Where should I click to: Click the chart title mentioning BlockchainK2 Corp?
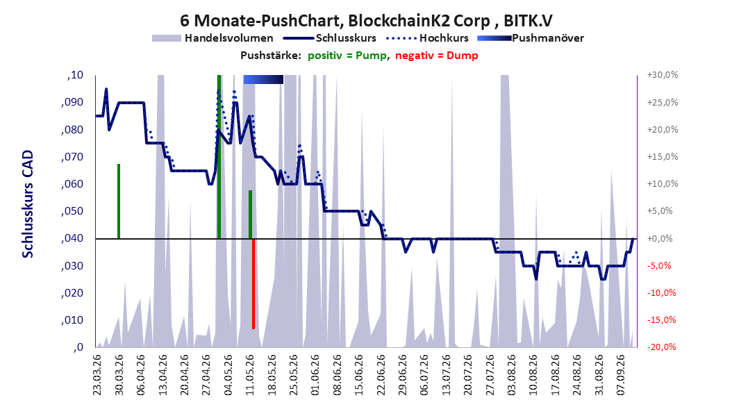click(366, 21)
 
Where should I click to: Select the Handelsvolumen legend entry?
click(213, 38)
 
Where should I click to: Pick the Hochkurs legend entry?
click(427, 38)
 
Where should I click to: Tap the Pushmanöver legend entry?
click(531, 38)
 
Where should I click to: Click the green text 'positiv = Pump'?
click(347, 56)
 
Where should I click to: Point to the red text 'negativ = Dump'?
click(437, 56)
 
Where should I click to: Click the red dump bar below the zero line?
click(253, 284)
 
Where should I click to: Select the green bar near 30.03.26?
click(119, 201)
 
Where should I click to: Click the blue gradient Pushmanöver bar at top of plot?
click(263, 79)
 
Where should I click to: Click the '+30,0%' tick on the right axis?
click(663, 75)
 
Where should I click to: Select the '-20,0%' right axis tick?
click(663, 347)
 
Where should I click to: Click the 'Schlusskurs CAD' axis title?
click(28, 203)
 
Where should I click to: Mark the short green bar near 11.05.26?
click(250, 214)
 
